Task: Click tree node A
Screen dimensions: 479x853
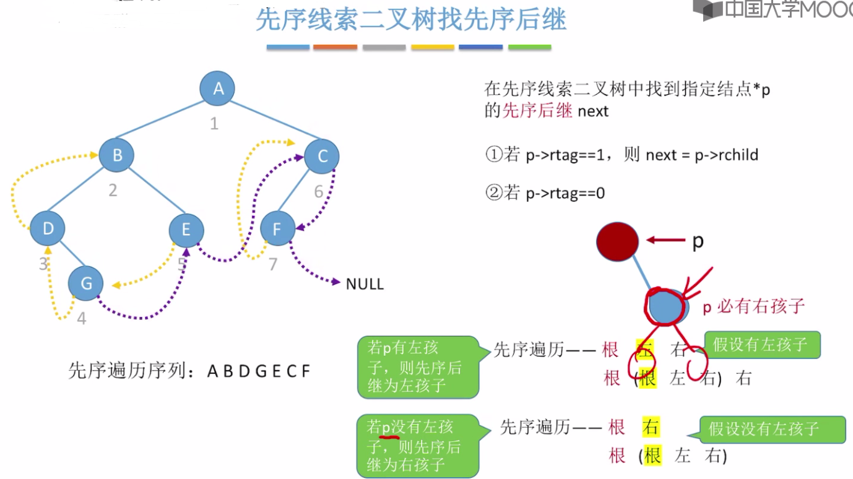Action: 217,88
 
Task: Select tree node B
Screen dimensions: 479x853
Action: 117,155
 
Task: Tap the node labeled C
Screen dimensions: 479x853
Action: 322,156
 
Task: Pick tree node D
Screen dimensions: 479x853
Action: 48,228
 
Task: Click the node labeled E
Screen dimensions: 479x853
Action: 186,230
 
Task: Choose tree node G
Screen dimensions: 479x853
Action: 86,283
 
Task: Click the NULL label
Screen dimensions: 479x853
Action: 365,284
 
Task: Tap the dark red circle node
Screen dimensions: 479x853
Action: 617,241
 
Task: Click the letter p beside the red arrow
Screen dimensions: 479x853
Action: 698,241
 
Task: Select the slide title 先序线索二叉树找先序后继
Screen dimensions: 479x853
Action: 410,20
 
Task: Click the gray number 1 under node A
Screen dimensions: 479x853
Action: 214,124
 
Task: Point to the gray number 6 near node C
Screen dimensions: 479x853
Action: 318,191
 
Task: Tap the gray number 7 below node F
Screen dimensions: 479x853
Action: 273,264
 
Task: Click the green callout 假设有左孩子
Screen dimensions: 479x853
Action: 761,345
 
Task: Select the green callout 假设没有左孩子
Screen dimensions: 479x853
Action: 772,429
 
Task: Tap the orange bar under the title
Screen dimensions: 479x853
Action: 335,47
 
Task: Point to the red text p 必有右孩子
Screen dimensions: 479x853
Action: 753,306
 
